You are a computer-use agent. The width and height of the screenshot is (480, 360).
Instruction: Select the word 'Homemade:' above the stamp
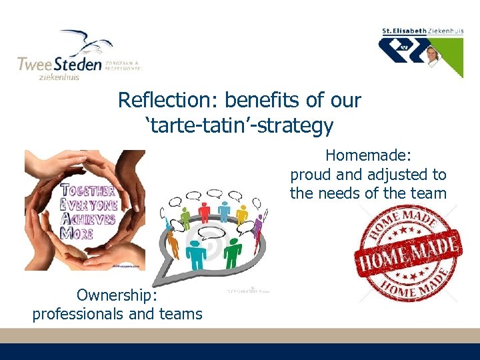click(368, 156)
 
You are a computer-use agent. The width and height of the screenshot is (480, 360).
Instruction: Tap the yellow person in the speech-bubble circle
click(242, 213)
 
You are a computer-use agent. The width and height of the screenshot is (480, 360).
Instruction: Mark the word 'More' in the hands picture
click(77, 233)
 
